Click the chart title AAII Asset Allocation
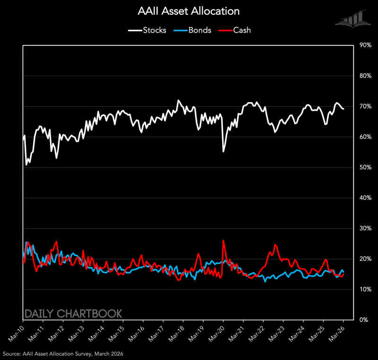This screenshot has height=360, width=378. click(189, 10)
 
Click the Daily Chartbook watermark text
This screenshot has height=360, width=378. click(73, 313)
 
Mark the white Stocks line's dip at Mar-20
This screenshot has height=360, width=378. click(223, 151)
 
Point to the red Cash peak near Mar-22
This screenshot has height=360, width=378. click(275, 244)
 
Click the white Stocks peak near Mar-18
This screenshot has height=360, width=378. click(178, 101)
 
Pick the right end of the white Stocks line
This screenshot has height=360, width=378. click(343, 109)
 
